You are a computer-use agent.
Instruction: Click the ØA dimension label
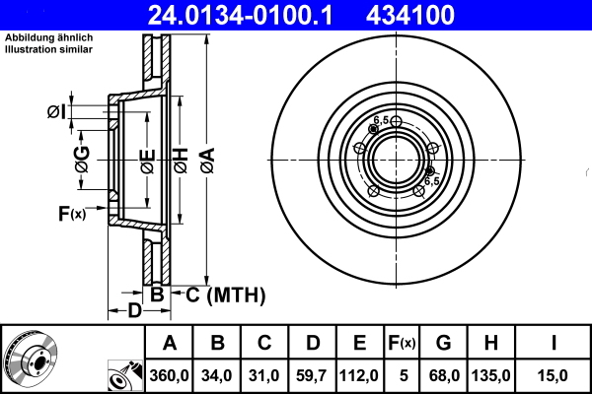(205, 158)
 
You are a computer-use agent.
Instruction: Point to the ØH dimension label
(181, 158)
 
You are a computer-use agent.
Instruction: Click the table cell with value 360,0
(170, 375)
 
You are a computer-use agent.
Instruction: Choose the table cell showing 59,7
(312, 375)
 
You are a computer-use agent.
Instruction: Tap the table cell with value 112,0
(359, 375)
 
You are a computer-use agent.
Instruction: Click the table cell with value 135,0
(490, 375)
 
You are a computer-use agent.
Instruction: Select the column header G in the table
(443, 344)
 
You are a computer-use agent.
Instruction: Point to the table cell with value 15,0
(553, 375)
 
